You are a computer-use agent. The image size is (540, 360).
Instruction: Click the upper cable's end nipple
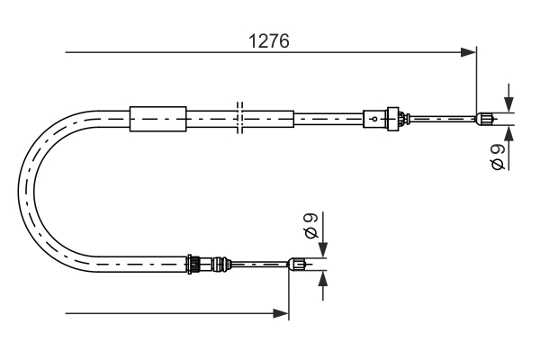[484, 117]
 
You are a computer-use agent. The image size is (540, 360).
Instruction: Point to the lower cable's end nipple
[297, 264]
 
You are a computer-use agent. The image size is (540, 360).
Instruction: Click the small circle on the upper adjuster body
[374, 117]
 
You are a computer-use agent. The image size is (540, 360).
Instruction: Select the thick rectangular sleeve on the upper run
[157, 117]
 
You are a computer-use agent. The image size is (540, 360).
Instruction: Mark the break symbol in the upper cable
[238, 117]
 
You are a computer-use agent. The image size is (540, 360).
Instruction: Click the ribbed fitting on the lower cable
[193, 264]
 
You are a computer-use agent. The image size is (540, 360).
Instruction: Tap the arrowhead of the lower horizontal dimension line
[282, 313]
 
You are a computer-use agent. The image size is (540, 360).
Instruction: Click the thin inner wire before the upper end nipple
[441, 117]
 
